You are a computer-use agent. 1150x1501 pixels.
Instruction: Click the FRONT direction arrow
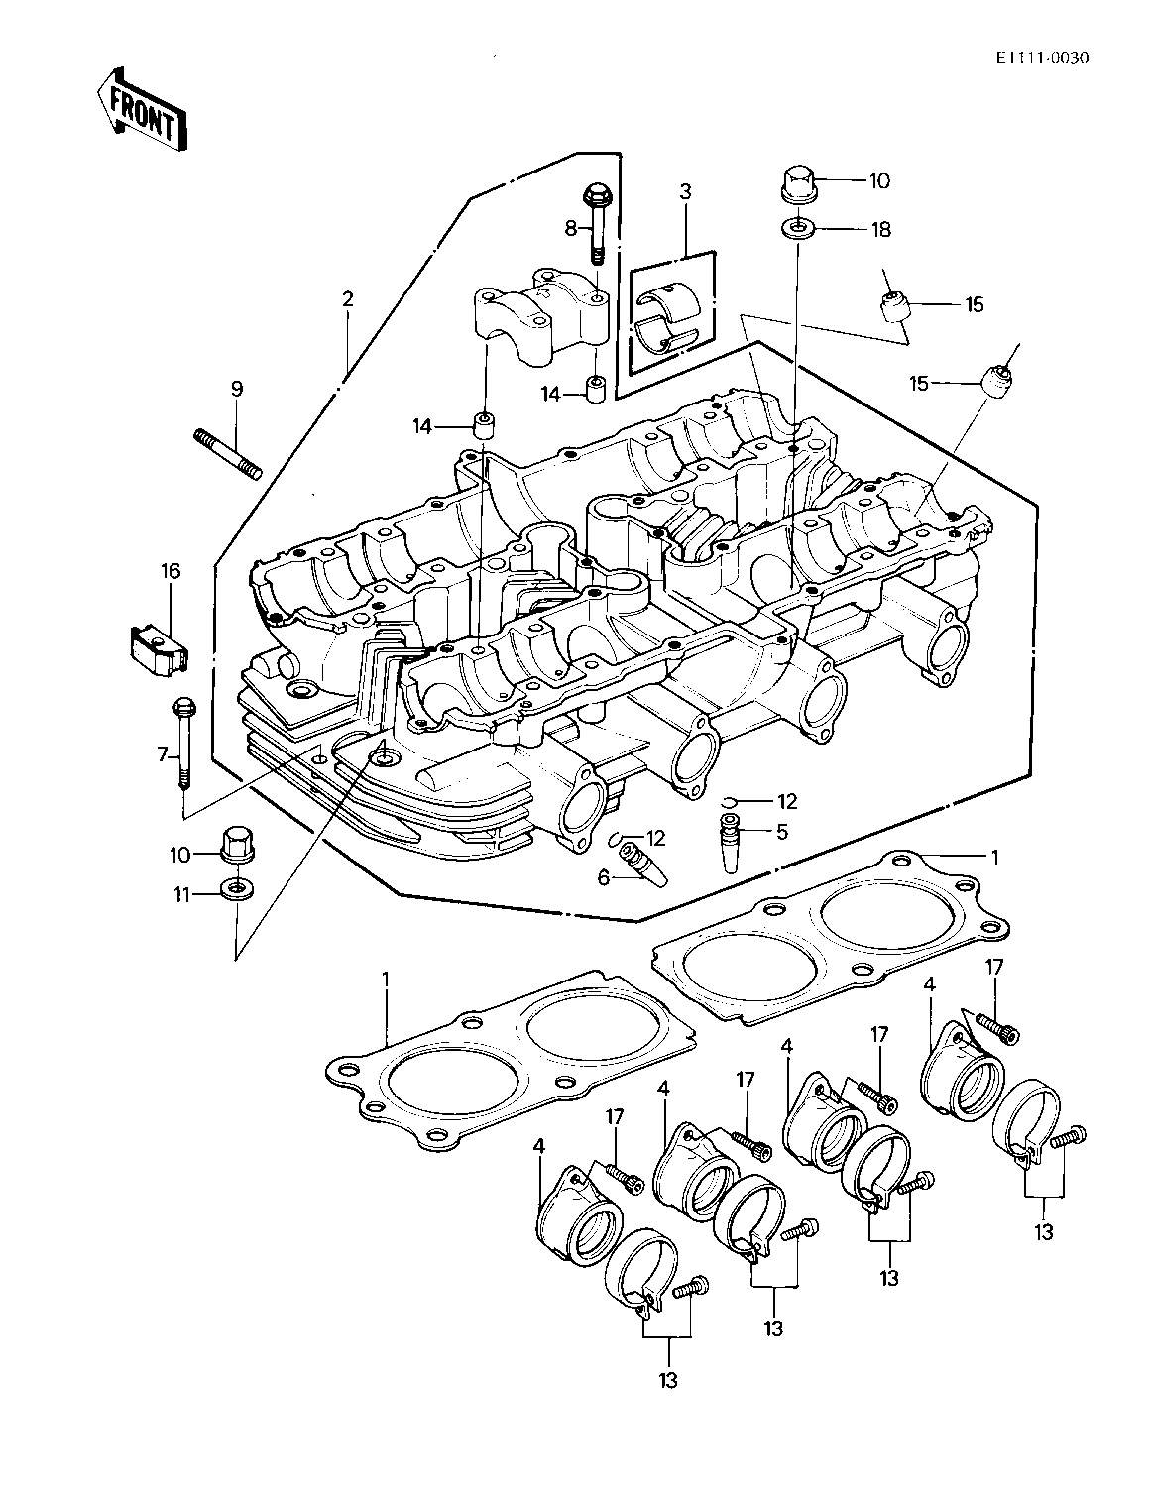tap(142, 110)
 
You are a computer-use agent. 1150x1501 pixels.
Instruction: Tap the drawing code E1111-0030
tap(1042, 58)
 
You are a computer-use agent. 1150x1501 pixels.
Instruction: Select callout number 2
tap(347, 299)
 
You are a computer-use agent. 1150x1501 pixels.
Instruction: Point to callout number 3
tap(685, 191)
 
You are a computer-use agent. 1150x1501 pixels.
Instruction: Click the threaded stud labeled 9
tap(227, 454)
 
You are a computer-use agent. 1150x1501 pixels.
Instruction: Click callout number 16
tap(171, 571)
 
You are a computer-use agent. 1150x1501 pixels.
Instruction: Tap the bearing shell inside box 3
tap(666, 320)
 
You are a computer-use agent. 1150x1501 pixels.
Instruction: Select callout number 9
tap(237, 389)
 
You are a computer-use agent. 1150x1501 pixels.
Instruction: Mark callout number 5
tap(782, 831)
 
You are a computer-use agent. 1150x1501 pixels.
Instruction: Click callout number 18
tap(880, 229)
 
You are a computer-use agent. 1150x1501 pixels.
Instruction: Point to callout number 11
tap(181, 895)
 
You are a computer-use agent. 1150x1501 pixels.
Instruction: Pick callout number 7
tap(163, 755)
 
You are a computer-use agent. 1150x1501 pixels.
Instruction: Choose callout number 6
tap(604, 878)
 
